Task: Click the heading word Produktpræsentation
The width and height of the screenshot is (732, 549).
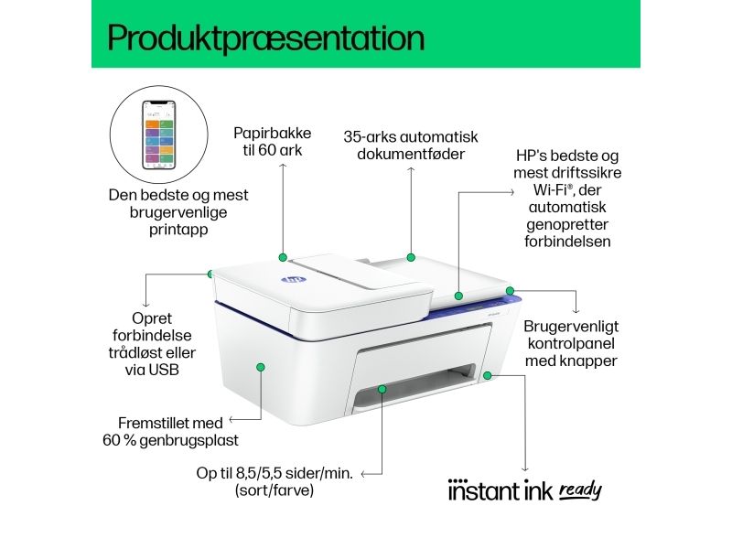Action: point(266,38)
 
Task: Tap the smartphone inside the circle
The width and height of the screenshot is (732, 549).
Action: point(158,134)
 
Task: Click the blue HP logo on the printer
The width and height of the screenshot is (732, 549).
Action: point(293,280)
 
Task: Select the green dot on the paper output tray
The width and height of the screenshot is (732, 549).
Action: point(382,388)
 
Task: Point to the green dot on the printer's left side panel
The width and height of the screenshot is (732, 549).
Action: point(261,368)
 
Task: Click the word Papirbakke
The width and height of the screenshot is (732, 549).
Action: point(272,133)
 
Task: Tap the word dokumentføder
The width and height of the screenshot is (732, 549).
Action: point(411,154)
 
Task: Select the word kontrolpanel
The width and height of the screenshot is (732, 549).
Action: point(571,344)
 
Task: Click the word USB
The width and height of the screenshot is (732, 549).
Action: point(165,370)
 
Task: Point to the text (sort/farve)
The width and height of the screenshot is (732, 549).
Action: point(274,490)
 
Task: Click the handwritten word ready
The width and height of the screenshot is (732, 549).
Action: point(580,490)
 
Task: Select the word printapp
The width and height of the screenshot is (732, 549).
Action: point(178,230)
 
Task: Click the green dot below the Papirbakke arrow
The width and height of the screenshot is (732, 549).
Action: point(283,257)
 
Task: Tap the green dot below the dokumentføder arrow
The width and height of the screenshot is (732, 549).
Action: point(411,257)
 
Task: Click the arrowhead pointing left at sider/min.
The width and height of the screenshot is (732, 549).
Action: point(363,474)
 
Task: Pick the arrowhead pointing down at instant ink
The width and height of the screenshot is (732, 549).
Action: point(525,469)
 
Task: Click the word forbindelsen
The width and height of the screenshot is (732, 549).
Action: point(567,242)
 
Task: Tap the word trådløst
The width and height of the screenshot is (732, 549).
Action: point(134,352)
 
